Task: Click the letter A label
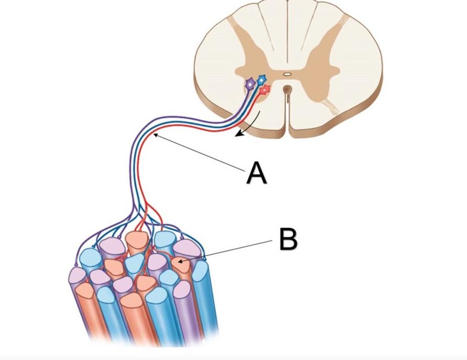pyautogui.click(x=257, y=173)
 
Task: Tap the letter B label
pyautogui.click(x=288, y=239)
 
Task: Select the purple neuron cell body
pyautogui.click(x=251, y=84)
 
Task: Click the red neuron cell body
pyautogui.click(x=265, y=89)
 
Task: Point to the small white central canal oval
pyautogui.click(x=287, y=74)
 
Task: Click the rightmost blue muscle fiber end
pyautogui.click(x=201, y=270)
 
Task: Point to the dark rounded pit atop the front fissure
pyautogui.click(x=286, y=89)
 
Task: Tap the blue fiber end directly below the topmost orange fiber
pyautogui.click(x=135, y=260)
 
